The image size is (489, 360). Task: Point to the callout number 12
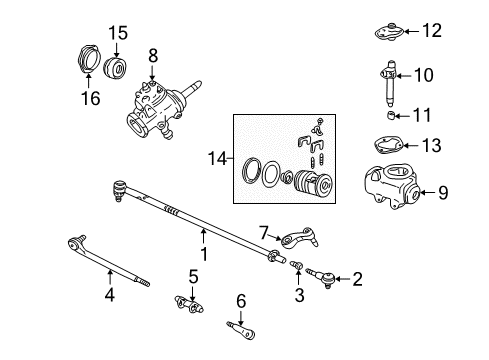(430, 31)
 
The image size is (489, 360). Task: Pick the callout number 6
(240, 299)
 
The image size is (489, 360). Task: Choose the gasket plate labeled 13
(385, 146)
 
